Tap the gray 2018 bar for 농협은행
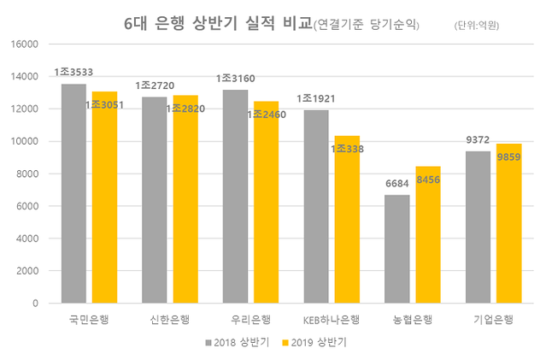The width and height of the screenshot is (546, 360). tap(396, 249)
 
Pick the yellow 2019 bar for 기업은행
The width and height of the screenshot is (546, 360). tap(508, 223)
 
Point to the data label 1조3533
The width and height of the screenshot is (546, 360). tap(73, 73)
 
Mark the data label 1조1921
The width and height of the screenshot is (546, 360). tap(315, 99)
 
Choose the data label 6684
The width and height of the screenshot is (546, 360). tap(396, 184)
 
